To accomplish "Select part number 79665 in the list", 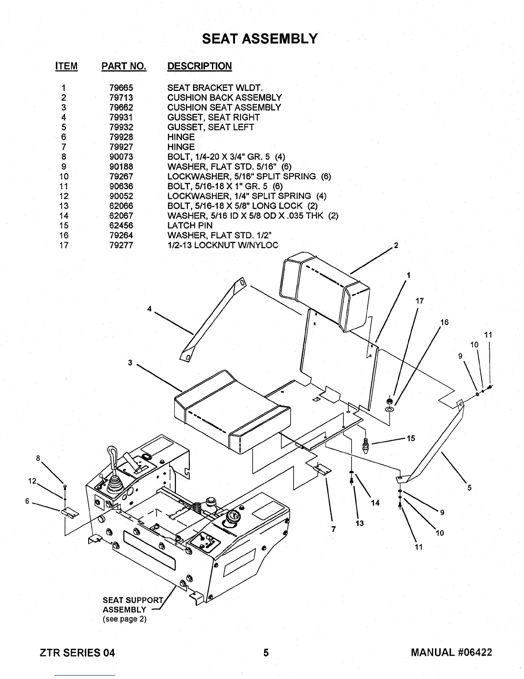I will tap(121, 88).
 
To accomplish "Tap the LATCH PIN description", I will tap(190, 225).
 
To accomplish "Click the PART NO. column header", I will tap(124, 66).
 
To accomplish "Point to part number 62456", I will tap(121, 225).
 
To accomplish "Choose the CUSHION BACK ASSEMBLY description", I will tap(224, 98).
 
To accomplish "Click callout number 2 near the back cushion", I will tap(396, 246).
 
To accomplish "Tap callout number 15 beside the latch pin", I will tap(411, 438).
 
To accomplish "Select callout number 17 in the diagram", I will tap(420, 301).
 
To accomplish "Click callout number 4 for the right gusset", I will tap(149, 309).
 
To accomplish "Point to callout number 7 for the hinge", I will tap(333, 528).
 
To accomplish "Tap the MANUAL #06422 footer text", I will tap(451, 652).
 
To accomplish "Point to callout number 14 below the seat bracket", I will tap(375, 503).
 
